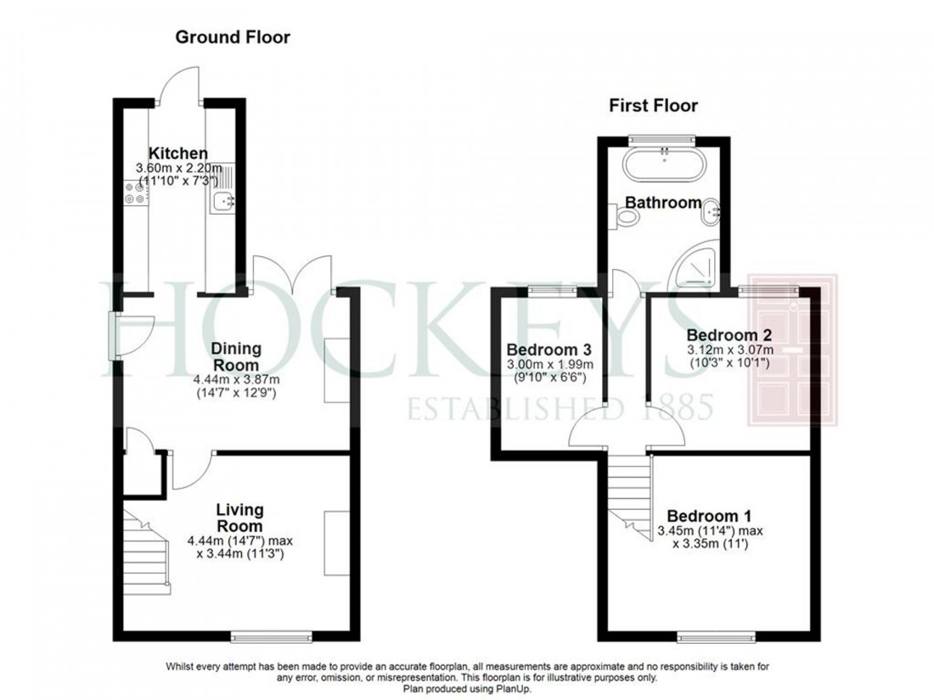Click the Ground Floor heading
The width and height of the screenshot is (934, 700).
(x=233, y=37)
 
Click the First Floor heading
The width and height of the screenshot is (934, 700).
(x=653, y=106)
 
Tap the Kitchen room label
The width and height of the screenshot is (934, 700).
(x=177, y=154)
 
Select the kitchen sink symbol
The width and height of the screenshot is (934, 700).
(x=224, y=201)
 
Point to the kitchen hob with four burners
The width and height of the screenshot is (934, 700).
(x=134, y=193)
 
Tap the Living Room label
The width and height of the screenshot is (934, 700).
(x=239, y=518)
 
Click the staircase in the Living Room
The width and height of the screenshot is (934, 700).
(x=147, y=561)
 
